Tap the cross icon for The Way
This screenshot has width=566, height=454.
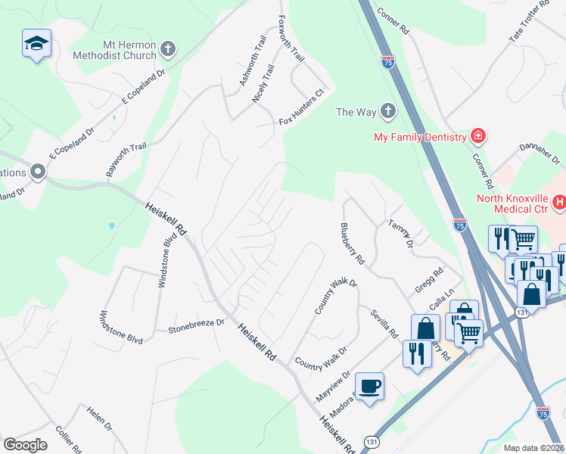387,112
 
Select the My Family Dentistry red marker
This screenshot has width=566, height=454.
477,137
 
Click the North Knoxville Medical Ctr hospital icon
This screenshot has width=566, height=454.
559,202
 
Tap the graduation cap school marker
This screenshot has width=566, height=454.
36,44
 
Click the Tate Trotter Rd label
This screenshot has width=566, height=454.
528,22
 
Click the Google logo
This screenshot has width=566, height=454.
25,444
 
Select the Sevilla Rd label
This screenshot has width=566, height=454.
384,323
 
